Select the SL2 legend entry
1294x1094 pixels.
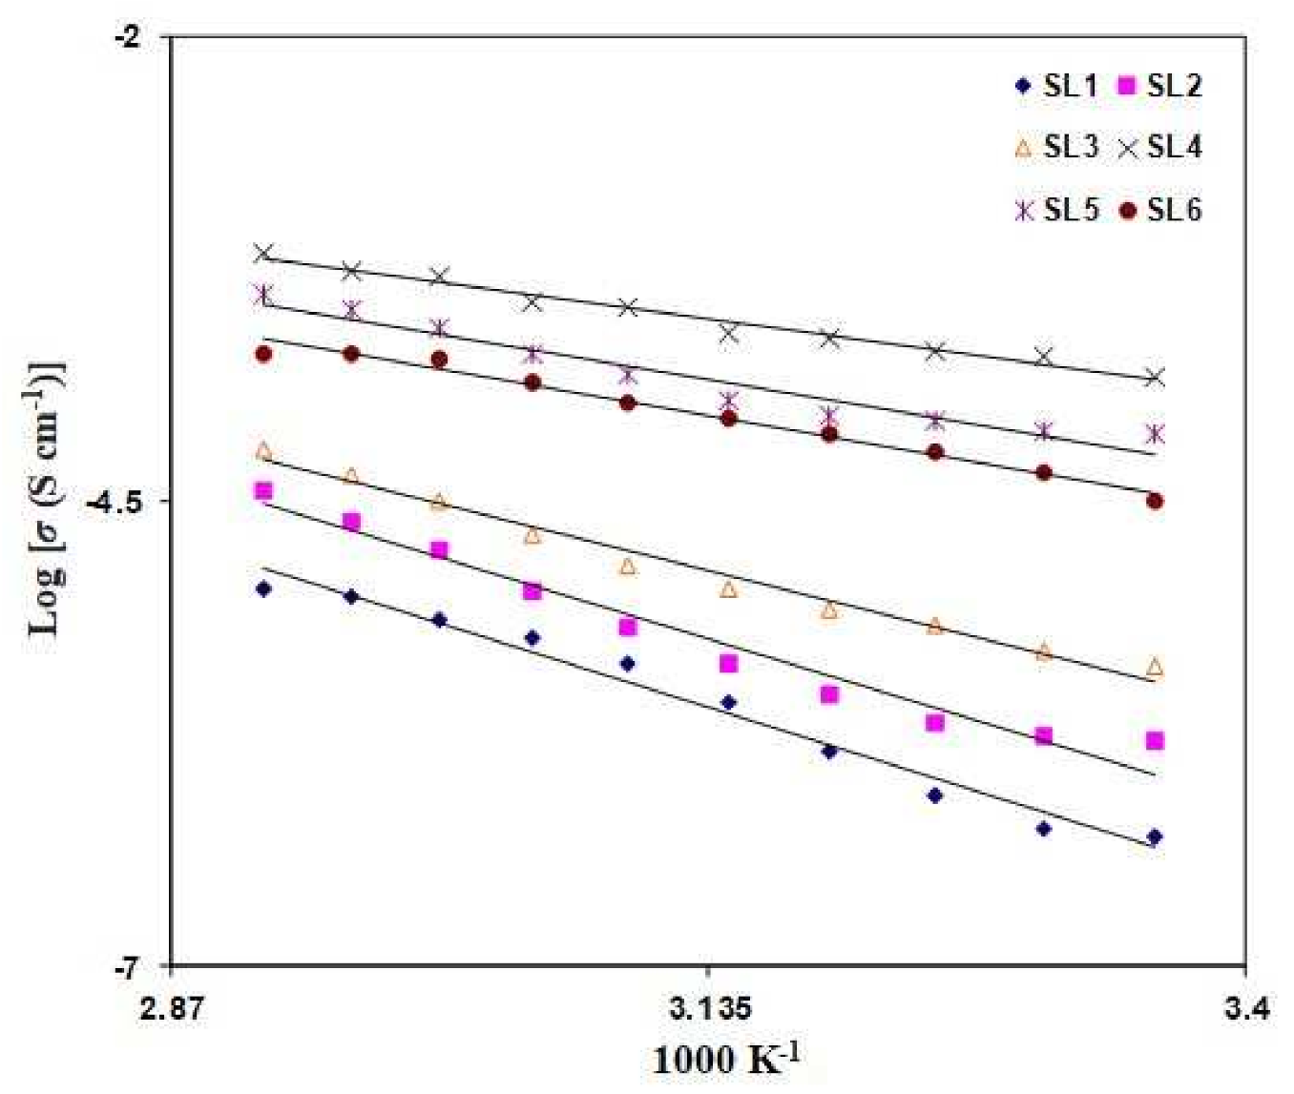pyautogui.click(x=1160, y=86)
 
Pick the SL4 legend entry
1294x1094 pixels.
pyautogui.click(x=1160, y=147)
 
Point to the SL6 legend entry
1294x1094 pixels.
pyautogui.click(x=1160, y=210)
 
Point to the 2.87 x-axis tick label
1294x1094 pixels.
pyautogui.click(x=172, y=1007)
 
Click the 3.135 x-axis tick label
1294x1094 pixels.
pyautogui.click(x=709, y=1007)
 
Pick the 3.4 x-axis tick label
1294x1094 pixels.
pyautogui.click(x=1245, y=1007)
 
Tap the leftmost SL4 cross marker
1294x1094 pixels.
pyautogui.click(x=264, y=253)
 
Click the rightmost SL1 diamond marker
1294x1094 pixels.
pyautogui.click(x=1155, y=836)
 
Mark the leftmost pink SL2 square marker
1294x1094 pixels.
pyautogui.click(x=264, y=491)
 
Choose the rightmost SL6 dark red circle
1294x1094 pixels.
pyautogui.click(x=1155, y=501)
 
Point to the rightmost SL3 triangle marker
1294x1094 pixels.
pyautogui.click(x=1155, y=667)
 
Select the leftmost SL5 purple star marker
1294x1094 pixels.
pyautogui.click(x=264, y=294)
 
